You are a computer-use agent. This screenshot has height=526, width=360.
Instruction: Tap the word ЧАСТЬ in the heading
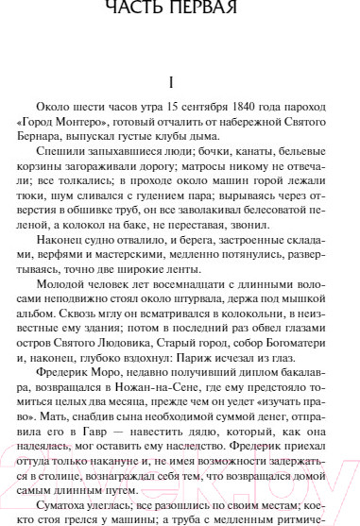pyautogui.click(x=141, y=9)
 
